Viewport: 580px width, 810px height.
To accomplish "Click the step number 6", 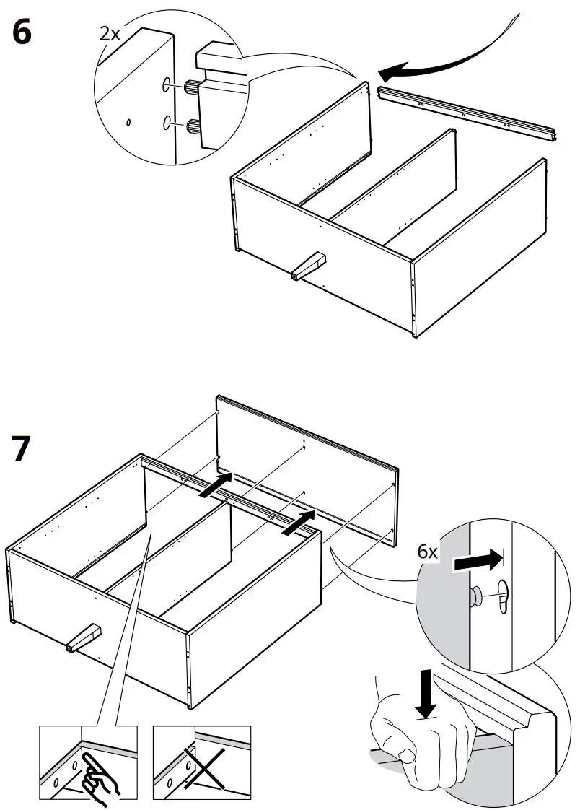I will coord(22,34).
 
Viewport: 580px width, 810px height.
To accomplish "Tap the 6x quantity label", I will coord(429,552).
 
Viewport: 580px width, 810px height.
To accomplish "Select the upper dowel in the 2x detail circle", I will coord(193,87).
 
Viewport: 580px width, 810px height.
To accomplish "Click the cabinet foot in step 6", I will coord(307,266).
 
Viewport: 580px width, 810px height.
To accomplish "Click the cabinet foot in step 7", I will coord(82,637).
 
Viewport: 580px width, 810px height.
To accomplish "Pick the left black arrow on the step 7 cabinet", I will coord(217,484).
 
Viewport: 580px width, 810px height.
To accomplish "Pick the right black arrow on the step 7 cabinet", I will coord(299,522).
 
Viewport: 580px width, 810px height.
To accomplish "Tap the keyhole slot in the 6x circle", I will coord(503,594).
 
